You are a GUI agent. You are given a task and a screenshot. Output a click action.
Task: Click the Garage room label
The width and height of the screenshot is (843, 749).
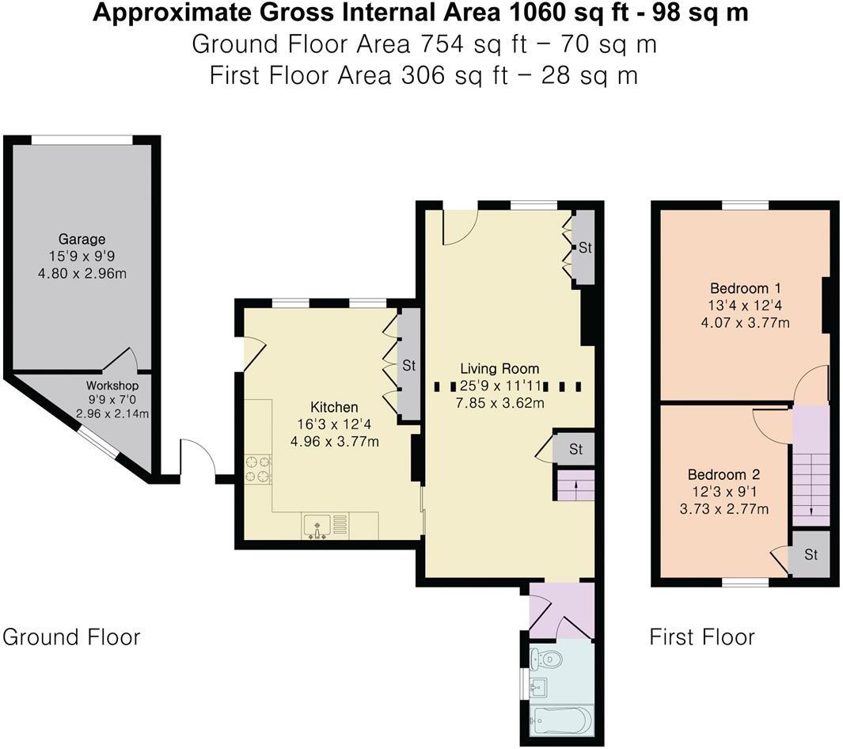(x=82, y=239)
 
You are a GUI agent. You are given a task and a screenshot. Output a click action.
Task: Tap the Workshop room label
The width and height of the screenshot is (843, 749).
(x=112, y=386)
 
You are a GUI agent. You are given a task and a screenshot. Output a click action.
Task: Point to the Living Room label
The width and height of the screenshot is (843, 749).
(x=499, y=368)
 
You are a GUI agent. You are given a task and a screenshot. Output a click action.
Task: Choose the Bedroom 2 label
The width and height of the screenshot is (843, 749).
(x=723, y=475)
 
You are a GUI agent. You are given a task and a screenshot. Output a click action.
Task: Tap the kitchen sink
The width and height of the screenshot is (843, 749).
(x=317, y=526)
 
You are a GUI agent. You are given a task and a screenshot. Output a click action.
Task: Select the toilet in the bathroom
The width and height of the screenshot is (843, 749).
(x=546, y=657)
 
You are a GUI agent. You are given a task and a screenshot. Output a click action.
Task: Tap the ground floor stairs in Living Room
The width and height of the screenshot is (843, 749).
(x=574, y=485)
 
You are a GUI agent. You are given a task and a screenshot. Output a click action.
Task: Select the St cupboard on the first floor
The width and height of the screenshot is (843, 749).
(x=810, y=554)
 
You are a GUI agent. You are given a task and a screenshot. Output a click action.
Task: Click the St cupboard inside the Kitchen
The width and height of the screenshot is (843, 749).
(x=408, y=366)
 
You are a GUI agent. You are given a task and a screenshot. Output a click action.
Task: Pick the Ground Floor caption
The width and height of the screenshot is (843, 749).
(x=71, y=637)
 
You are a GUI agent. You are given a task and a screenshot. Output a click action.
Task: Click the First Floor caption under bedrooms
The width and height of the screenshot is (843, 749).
(x=702, y=637)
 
